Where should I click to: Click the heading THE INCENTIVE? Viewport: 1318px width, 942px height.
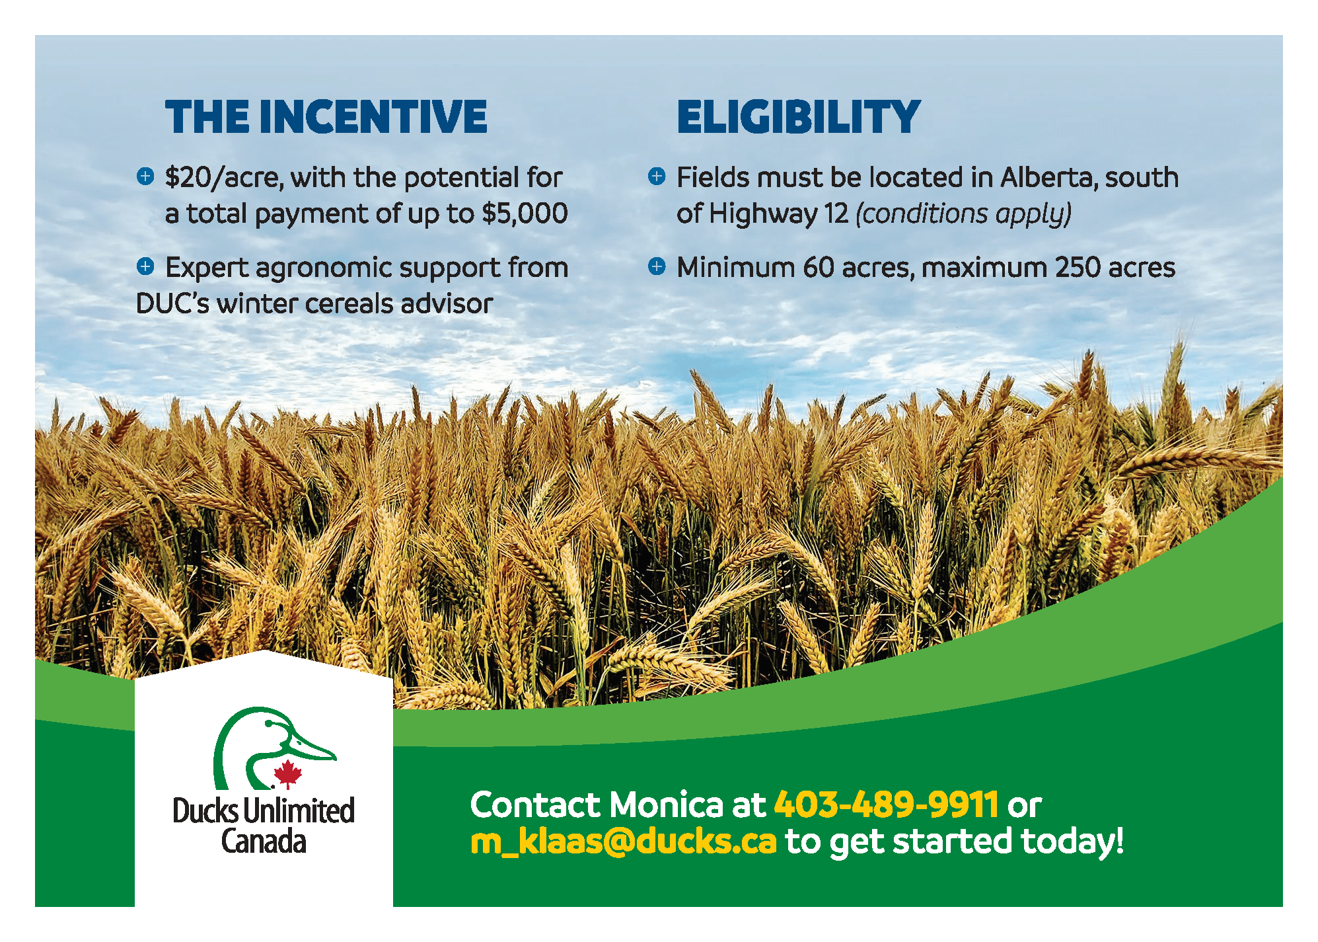tap(326, 117)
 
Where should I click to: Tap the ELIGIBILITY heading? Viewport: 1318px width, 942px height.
tap(799, 117)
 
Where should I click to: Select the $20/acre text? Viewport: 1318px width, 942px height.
tap(224, 178)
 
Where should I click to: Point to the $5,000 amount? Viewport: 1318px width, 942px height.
tap(525, 214)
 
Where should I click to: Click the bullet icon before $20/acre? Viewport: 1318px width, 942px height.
tap(145, 176)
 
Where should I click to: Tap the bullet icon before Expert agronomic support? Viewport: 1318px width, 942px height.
tap(145, 266)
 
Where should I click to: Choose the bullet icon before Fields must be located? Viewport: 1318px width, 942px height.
tap(657, 176)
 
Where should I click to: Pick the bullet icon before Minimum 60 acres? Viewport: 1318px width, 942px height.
tap(657, 266)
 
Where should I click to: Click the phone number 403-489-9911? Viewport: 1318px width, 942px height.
tap(886, 805)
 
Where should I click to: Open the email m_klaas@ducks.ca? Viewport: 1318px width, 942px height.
tap(623, 842)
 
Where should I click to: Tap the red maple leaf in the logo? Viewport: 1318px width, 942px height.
tap(287, 774)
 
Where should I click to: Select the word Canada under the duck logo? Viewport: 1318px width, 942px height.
tap(264, 842)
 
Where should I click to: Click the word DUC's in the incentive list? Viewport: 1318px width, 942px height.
tap(172, 303)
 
